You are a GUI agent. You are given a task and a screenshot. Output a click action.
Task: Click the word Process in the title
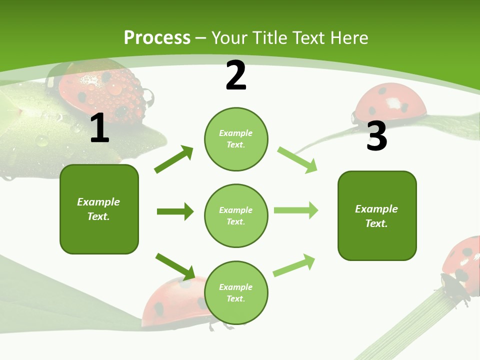(157, 38)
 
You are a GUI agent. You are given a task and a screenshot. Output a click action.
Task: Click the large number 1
(99, 128)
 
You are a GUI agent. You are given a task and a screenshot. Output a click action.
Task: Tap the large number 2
(236, 75)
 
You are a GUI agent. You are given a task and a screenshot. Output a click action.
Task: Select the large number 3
(376, 136)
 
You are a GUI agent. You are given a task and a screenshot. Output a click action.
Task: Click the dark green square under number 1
(99, 209)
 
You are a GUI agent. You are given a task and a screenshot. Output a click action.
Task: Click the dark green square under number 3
(377, 215)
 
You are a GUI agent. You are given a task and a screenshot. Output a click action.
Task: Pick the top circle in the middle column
(236, 139)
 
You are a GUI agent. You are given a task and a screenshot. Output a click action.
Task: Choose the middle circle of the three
(236, 215)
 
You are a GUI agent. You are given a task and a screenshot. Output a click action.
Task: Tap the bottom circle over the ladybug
(236, 293)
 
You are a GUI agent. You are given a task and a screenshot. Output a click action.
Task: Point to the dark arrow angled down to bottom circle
(175, 266)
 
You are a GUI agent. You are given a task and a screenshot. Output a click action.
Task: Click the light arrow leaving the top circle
(297, 160)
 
